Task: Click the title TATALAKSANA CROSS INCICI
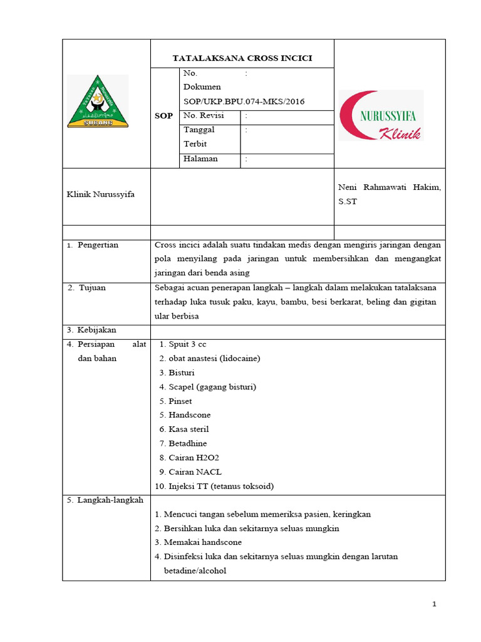click(x=242, y=58)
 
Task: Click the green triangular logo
click(x=97, y=102)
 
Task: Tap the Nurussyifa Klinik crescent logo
click(x=381, y=115)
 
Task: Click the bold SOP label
click(x=164, y=117)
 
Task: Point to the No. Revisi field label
click(x=204, y=116)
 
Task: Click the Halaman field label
click(x=200, y=159)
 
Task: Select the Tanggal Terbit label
click(x=199, y=137)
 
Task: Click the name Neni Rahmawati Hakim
click(x=389, y=187)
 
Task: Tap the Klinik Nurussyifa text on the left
click(x=101, y=194)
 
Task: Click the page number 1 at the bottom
click(x=433, y=604)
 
